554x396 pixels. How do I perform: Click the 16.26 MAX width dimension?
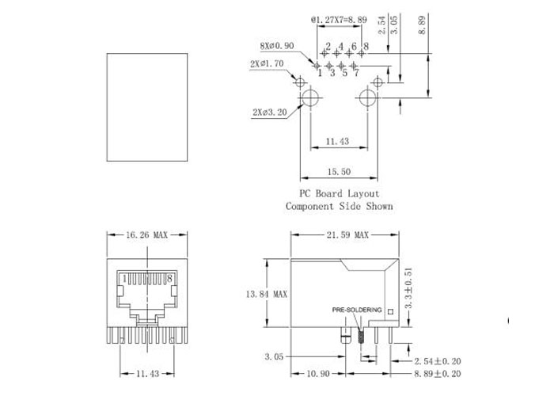tap(146, 234)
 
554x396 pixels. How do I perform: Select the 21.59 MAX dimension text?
tap(347, 234)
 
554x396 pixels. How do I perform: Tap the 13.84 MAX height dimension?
tap(267, 294)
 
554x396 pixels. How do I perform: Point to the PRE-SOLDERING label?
tap(357, 310)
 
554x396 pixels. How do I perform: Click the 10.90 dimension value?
tap(318, 373)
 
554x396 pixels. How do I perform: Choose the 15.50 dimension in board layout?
tap(339, 172)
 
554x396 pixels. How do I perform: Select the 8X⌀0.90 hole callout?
tap(277, 46)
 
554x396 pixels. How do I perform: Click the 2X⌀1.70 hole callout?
tap(267, 64)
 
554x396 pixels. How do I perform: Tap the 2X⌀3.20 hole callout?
tap(270, 112)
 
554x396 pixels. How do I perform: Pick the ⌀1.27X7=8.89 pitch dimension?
tap(339, 20)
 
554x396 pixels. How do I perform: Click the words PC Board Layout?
tap(340, 194)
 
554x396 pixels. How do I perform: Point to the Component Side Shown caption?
tap(340, 206)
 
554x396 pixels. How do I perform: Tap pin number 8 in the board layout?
tap(366, 46)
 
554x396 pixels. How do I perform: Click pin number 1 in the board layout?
tap(320, 73)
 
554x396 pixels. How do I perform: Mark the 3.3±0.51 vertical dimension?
tap(408, 288)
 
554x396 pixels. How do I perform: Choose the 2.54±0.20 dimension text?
tap(438, 361)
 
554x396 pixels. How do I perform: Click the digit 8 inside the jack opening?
tap(169, 279)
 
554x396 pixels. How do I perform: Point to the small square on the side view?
tap(390, 312)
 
